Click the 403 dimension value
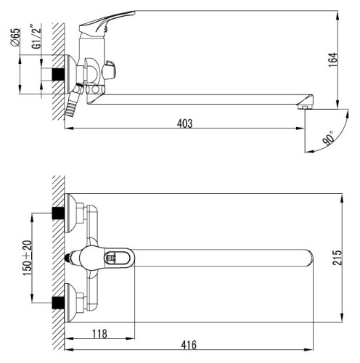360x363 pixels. coord(185,123)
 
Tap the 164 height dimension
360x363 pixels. coord(333,60)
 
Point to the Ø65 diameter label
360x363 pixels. coord(16,38)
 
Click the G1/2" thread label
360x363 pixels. coord(37,36)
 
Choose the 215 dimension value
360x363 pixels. coord(337,258)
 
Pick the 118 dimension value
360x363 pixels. coord(99,334)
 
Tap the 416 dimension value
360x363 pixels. coord(189,345)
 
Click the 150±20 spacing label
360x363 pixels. coord(27,258)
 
